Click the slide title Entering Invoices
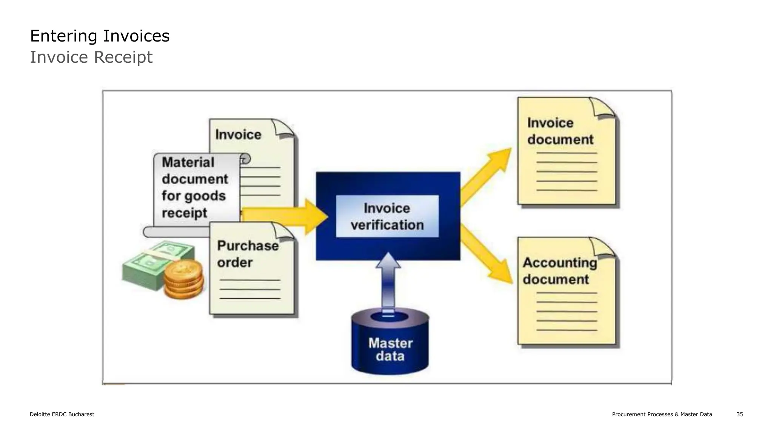coord(100,36)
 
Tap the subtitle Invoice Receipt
coord(91,57)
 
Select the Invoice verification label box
coord(387,216)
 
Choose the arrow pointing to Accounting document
coord(487,255)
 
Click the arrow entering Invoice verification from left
coord(287,216)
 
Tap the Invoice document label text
coord(560,131)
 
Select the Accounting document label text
coord(560,271)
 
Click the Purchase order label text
coord(248,254)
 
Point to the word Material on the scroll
coord(188,162)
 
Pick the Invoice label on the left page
coord(238,135)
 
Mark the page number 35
coord(739,414)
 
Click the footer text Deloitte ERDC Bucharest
coord(62,414)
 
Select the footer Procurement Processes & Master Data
coord(662,414)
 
